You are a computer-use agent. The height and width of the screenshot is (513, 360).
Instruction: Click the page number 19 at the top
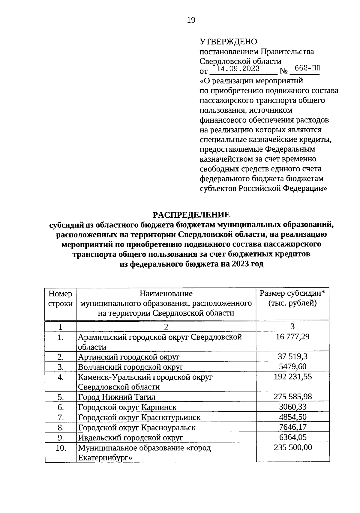pos(191,20)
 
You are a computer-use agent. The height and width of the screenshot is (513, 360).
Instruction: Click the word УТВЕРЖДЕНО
pos(228,42)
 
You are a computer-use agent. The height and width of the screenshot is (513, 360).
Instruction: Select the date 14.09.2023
pos(238,69)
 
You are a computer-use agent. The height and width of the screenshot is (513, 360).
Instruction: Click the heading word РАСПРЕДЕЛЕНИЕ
pos(191,215)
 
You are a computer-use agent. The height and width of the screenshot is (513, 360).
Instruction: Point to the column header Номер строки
pos(60,298)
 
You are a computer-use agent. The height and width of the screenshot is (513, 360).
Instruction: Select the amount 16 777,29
pos(292,337)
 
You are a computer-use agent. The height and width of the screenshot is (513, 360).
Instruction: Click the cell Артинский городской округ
pos(129,357)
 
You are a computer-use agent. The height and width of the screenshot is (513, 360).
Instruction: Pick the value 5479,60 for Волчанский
pos(292,366)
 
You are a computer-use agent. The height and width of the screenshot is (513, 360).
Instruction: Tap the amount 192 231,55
pos(292,377)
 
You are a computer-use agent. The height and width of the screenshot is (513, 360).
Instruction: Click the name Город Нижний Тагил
pos(117,397)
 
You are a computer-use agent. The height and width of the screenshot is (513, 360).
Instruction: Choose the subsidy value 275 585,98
pos(292,397)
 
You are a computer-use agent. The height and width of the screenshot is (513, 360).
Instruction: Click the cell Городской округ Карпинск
pos(127,407)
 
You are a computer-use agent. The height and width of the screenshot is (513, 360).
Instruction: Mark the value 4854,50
pos(292,417)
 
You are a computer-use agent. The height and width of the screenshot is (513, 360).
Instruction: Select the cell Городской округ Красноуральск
pos(137,428)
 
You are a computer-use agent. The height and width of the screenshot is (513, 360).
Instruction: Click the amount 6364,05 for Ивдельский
pos(292,437)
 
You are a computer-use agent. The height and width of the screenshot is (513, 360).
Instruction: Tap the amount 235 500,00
pos(292,447)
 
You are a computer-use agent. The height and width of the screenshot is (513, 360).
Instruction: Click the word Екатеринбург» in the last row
pos(105,458)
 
